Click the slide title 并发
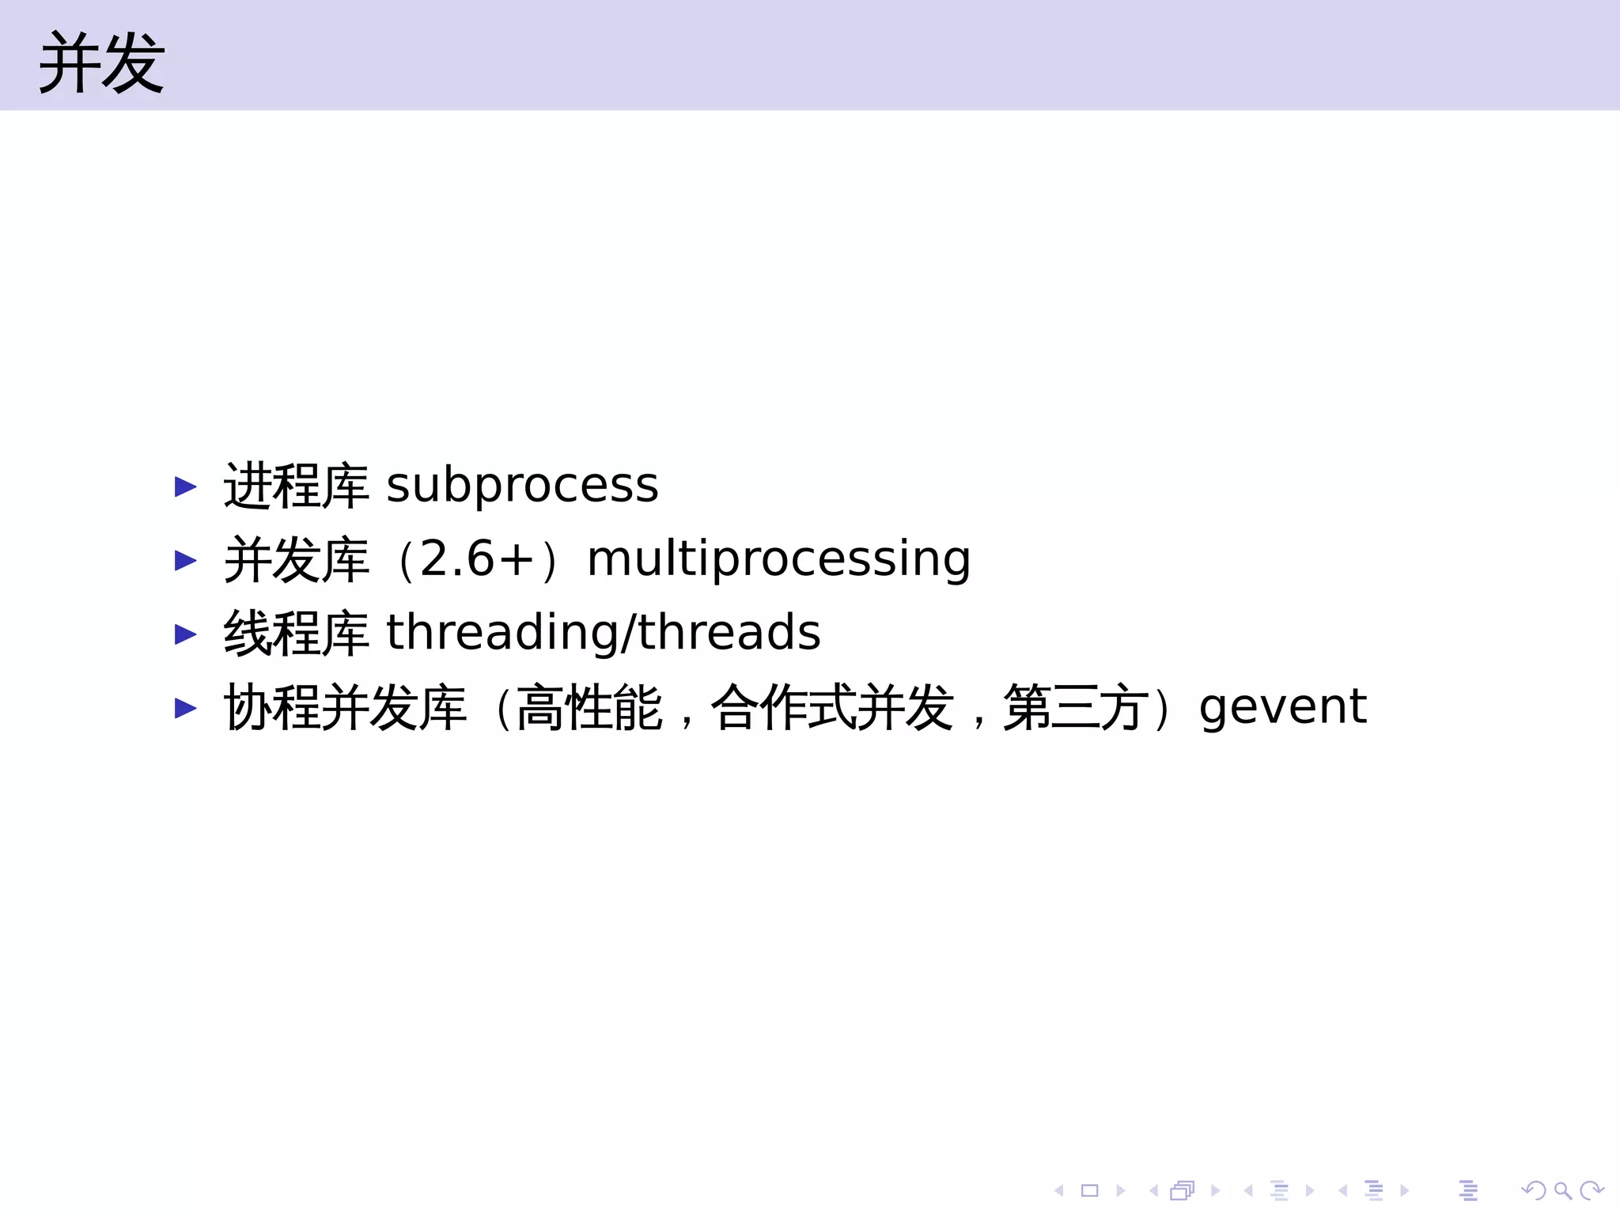[x=101, y=63]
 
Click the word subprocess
[x=522, y=484]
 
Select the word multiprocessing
[x=778, y=559]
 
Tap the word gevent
[x=1282, y=706]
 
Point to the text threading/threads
[x=603, y=633]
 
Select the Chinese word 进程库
[x=296, y=485]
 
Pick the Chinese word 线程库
[x=296, y=633]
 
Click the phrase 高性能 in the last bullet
[x=589, y=707]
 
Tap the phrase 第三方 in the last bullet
[x=1076, y=707]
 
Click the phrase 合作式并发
[x=832, y=707]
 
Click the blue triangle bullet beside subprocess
[x=185, y=486]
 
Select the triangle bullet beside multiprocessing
[x=185, y=560]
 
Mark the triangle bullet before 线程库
[x=185, y=634]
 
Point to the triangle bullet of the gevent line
[x=185, y=707]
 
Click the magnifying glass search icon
[x=1563, y=1190]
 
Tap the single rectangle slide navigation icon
[x=1090, y=1190]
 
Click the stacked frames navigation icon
[x=1183, y=1190]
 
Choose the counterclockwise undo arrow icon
[x=1534, y=1190]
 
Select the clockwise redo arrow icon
[x=1591, y=1190]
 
